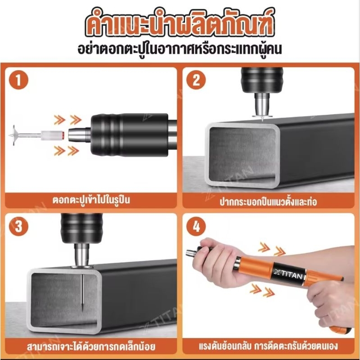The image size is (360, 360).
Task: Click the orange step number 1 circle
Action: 18,81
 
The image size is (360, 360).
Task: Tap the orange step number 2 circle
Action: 196,81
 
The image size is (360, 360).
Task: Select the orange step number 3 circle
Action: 18,226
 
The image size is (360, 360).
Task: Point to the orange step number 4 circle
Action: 196,226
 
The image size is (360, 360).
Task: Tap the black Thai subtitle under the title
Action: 180,50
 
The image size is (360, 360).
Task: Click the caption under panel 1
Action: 91,200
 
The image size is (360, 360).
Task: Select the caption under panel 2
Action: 268,201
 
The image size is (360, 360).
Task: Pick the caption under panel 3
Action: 91,346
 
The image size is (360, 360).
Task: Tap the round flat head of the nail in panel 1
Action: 14,135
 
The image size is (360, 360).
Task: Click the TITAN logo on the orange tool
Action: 288,274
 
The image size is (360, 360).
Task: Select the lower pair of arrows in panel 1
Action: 67,150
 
